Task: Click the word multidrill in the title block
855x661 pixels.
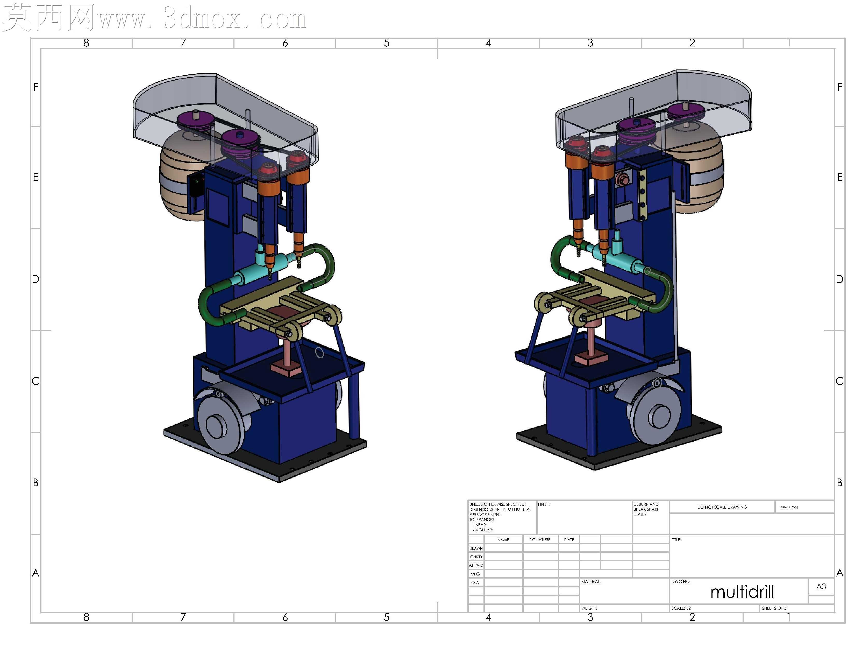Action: pyautogui.click(x=742, y=592)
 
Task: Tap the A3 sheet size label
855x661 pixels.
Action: pyautogui.click(x=821, y=587)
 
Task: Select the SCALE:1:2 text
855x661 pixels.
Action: pyautogui.click(x=681, y=608)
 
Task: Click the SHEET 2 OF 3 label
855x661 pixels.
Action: pyautogui.click(x=774, y=608)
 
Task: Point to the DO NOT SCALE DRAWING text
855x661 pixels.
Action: pyautogui.click(x=722, y=507)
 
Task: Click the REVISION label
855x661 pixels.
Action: pyautogui.click(x=789, y=508)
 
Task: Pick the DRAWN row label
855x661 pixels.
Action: pyautogui.click(x=476, y=548)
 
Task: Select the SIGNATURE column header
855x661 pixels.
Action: pyautogui.click(x=539, y=540)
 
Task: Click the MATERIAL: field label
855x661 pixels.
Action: pyautogui.click(x=591, y=581)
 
